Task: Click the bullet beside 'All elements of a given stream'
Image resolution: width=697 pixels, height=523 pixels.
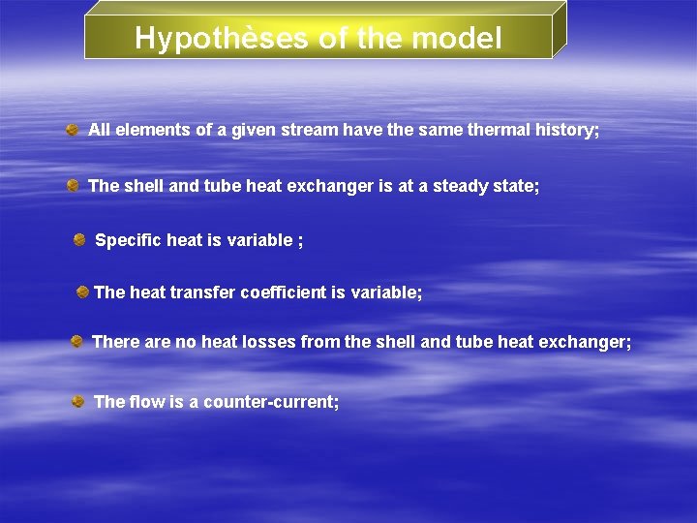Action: click(x=73, y=129)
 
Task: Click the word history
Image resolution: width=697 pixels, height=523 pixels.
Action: click(x=562, y=130)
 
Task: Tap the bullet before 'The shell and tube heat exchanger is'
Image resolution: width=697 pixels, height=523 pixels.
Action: click(x=74, y=185)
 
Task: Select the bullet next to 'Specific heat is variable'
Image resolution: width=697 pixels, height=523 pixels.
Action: click(x=79, y=238)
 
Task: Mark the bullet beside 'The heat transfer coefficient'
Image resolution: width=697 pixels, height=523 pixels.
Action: click(x=83, y=291)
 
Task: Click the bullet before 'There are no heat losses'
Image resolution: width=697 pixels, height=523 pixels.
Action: click(x=76, y=341)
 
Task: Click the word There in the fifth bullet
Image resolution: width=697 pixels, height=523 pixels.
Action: click(x=115, y=342)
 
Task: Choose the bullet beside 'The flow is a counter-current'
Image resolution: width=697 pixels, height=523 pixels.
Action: click(x=78, y=400)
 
